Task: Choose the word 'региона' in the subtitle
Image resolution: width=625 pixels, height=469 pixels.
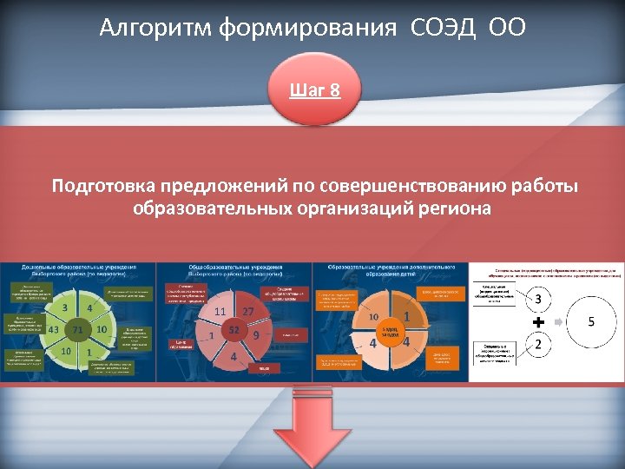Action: coord(454,208)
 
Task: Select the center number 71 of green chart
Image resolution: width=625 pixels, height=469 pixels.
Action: coord(77,330)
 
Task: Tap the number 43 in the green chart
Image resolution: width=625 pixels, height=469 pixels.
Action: coord(53,330)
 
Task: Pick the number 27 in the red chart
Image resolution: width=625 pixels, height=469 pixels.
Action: coord(248,311)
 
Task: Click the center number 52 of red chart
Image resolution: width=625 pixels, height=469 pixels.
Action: coord(234,330)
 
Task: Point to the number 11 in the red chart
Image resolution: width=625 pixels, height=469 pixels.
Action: coord(220,311)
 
